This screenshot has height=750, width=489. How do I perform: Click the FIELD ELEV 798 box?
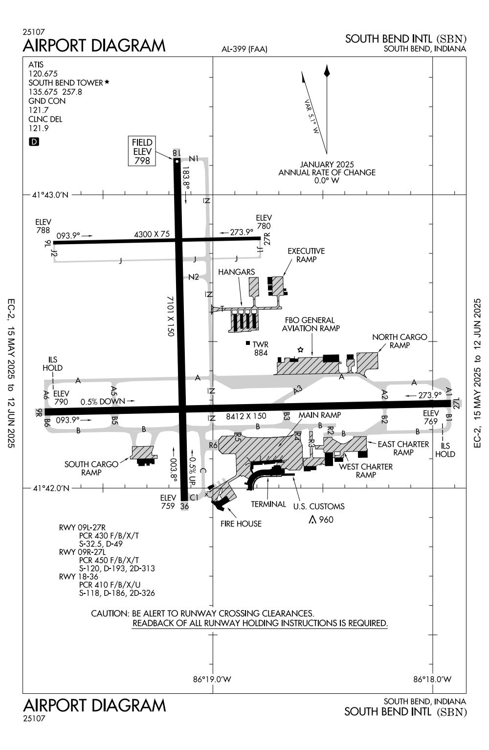[x=142, y=151]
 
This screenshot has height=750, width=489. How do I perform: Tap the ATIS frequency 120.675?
[x=43, y=74]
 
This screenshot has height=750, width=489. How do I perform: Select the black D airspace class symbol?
[x=34, y=142]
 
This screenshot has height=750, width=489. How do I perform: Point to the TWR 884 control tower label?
[x=260, y=348]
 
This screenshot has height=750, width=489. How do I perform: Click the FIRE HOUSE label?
[x=241, y=523]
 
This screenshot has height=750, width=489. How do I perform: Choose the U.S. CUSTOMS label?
[x=319, y=506]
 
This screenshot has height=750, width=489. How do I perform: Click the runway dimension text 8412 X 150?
[x=246, y=416]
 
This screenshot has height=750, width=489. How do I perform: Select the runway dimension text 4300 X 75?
[x=152, y=234]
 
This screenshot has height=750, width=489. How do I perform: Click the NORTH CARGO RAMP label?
[x=400, y=341]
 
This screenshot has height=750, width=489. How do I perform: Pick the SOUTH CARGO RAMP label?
[x=91, y=468]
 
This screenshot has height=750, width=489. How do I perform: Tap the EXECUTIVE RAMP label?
[x=306, y=255]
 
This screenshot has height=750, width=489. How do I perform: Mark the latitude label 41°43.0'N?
[x=51, y=195]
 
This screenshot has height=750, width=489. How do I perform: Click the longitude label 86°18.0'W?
[x=432, y=679]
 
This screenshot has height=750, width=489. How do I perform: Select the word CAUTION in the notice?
[x=110, y=614]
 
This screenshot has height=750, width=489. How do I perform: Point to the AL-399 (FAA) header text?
[x=244, y=49]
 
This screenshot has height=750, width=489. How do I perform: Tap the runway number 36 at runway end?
[x=184, y=506]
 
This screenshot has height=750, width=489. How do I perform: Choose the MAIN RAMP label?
[x=320, y=415]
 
